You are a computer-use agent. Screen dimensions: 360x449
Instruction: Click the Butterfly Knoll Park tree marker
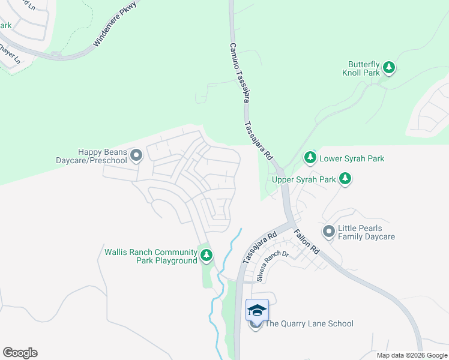[389, 68]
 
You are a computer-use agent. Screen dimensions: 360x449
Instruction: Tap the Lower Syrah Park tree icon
[310, 158]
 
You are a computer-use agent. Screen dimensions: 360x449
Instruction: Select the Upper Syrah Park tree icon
[345, 179]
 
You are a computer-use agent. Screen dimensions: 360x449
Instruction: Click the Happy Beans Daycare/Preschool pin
[136, 156]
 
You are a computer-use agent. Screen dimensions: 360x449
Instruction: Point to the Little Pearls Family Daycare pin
[328, 232]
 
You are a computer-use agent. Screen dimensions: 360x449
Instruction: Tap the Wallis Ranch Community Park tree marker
[206, 256]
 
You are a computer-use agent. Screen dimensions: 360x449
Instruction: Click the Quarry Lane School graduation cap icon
[256, 310]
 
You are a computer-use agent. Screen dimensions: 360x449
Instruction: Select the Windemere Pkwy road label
[115, 24]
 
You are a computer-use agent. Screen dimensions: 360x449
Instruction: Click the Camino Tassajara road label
[238, 72]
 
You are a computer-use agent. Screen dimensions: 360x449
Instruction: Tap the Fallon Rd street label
[307, 241]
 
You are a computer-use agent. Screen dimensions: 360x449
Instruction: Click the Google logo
[20, 353]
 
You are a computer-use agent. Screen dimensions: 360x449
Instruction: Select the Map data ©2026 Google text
[411, 355]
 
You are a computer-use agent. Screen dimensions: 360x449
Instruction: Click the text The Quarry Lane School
[309, 324]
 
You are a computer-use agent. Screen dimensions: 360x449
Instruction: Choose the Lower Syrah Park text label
[352, 159]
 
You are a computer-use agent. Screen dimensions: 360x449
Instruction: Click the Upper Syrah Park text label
[304, 179]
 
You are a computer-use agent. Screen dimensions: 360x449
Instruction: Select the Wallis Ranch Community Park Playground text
[151, 256]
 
